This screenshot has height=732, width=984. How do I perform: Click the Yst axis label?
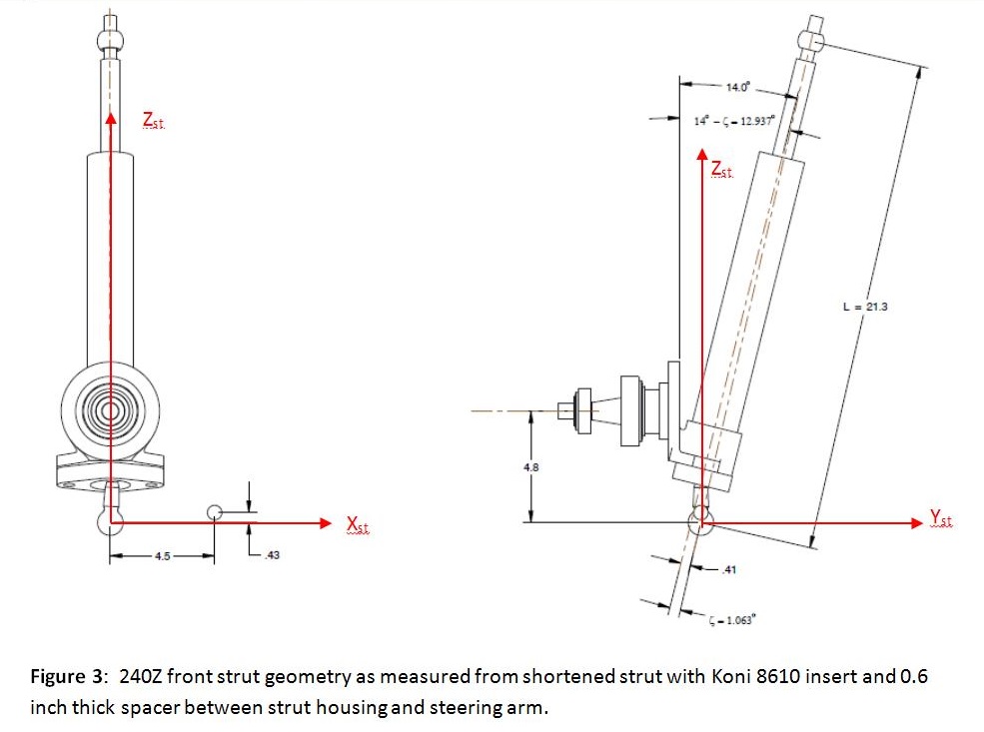[x=940, y=517]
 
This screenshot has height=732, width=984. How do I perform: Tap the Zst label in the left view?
[x=153, y=121]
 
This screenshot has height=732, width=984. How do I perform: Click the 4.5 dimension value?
[x=161, y=555]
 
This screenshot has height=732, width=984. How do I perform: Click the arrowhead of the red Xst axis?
[x=322, y=521]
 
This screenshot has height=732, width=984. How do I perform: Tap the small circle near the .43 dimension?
[x=214, y=512]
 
